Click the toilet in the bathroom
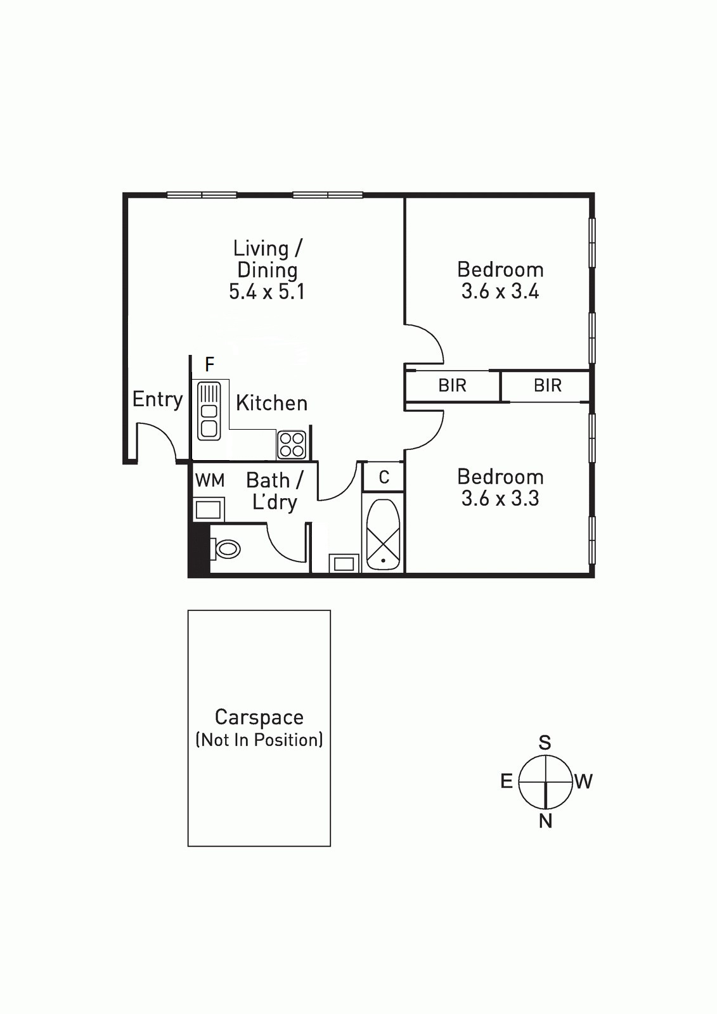click(225, 549)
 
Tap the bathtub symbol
click(383, 535)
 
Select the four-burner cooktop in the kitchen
click(292, 444)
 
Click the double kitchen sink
click(209, 411)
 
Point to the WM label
click(210, 480)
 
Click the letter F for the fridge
click(209, 364)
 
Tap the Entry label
click(157, 400)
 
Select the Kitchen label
click(272, 403)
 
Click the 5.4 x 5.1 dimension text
click(267, 292)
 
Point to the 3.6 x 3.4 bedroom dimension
click(500, 291)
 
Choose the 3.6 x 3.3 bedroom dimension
click(500, 498)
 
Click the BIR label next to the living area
click(452, 385)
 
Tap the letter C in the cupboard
click(384, 477)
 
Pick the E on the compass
click(507, 781)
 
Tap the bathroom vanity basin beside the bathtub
click(344, 563)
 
